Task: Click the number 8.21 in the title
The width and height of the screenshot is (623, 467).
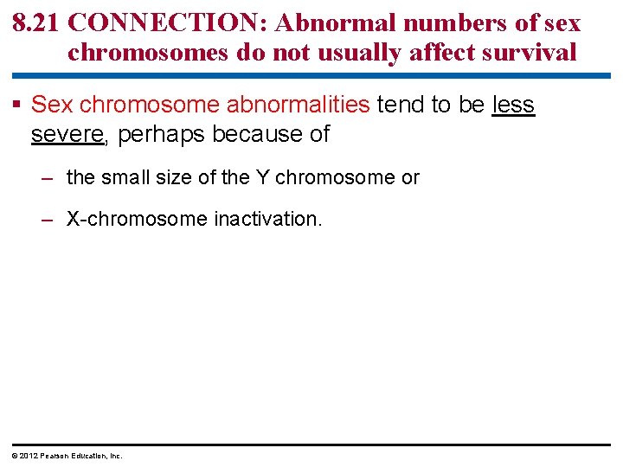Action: (x=35, y=23)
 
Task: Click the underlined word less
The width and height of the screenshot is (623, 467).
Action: (x=513, y=106)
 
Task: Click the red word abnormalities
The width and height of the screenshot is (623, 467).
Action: (x=298, y=106)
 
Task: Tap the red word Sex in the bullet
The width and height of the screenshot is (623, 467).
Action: (x=52, y=106)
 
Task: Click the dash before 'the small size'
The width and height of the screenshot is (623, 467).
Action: (x=49, y=178)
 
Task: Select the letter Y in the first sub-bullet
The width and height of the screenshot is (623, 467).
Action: (x=261, y=178)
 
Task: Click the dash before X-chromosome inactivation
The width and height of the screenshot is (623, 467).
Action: (x=49, y=219)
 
